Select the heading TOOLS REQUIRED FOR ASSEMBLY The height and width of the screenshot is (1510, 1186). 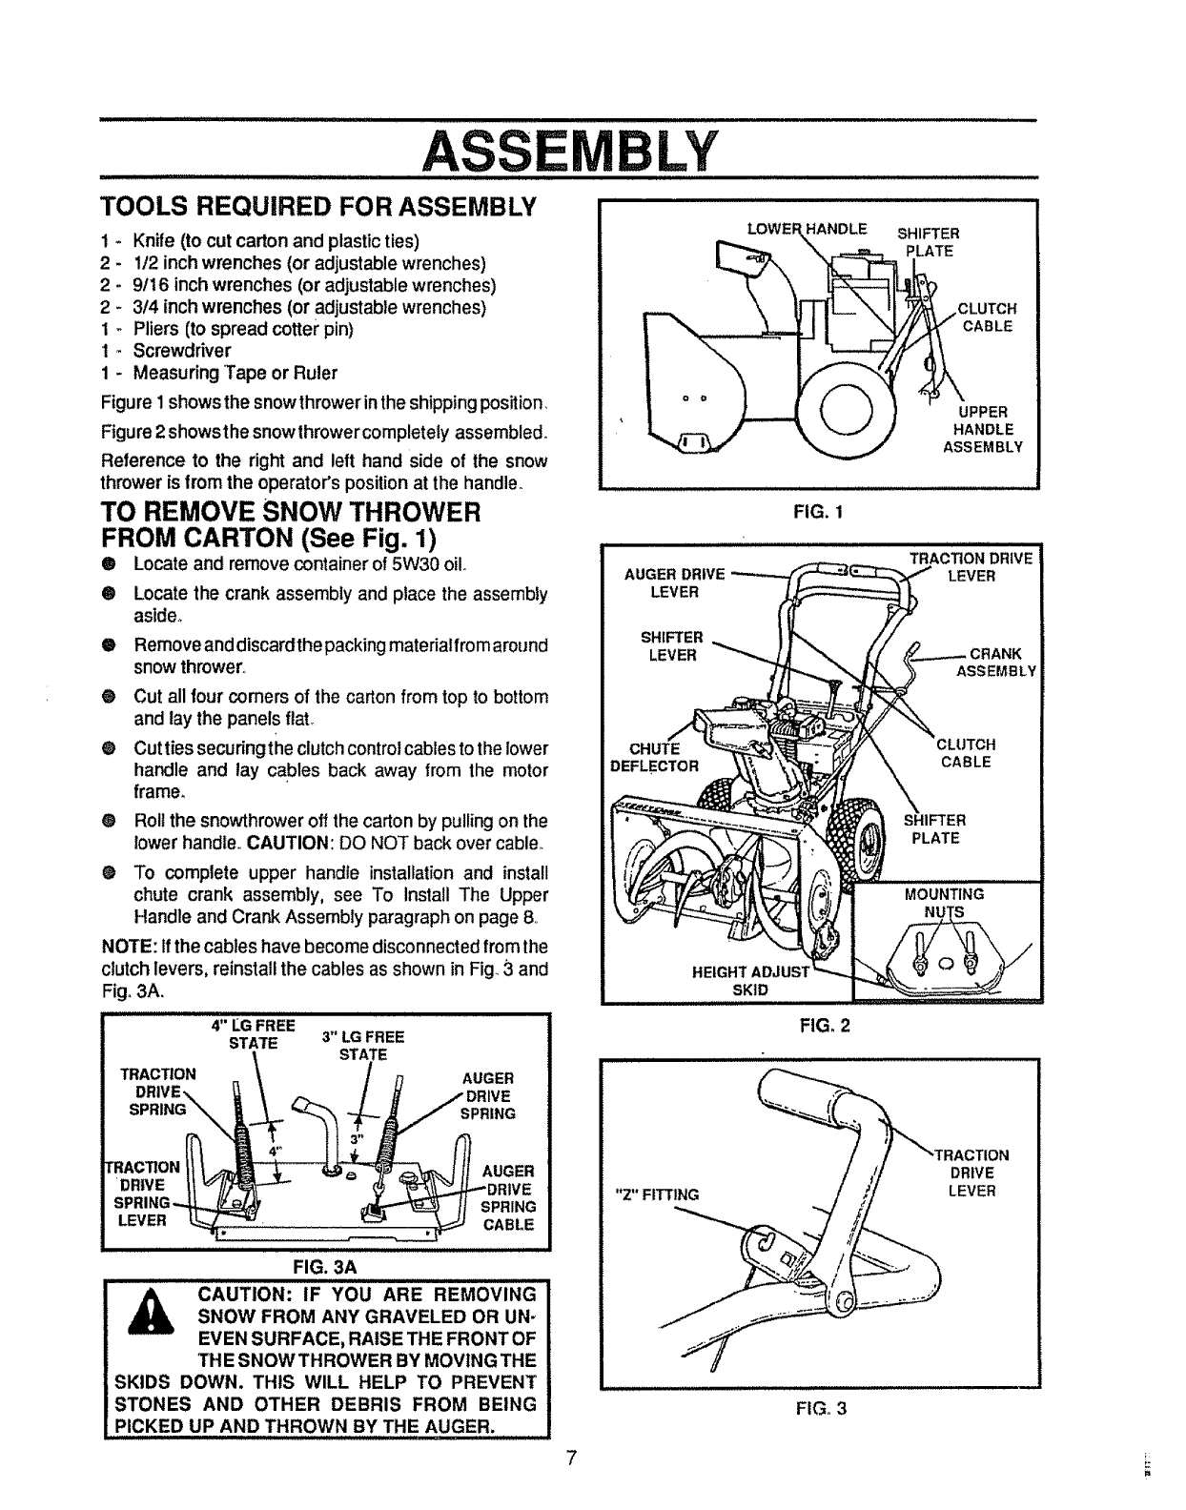click(x=320, y=207)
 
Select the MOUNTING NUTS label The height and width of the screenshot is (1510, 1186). click(x=946, y=903)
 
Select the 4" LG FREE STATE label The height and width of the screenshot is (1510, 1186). click(x=253, y=1033)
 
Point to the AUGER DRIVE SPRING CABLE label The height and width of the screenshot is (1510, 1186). click(x=510, y=1198)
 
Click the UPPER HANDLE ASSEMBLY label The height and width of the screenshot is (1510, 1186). click(x=982, y=429)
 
